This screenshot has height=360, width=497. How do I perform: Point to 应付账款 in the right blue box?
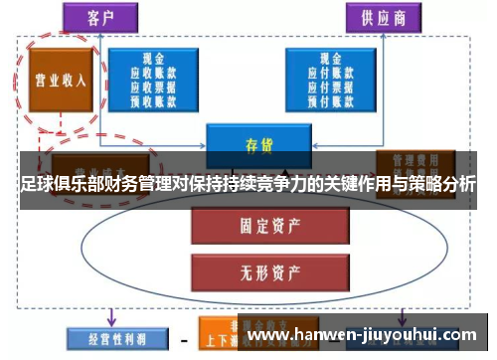click(x=330, y=73)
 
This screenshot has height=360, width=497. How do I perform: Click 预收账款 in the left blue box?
click(x=150, y=99)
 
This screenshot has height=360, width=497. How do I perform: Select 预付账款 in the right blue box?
click(x=330, y=98)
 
